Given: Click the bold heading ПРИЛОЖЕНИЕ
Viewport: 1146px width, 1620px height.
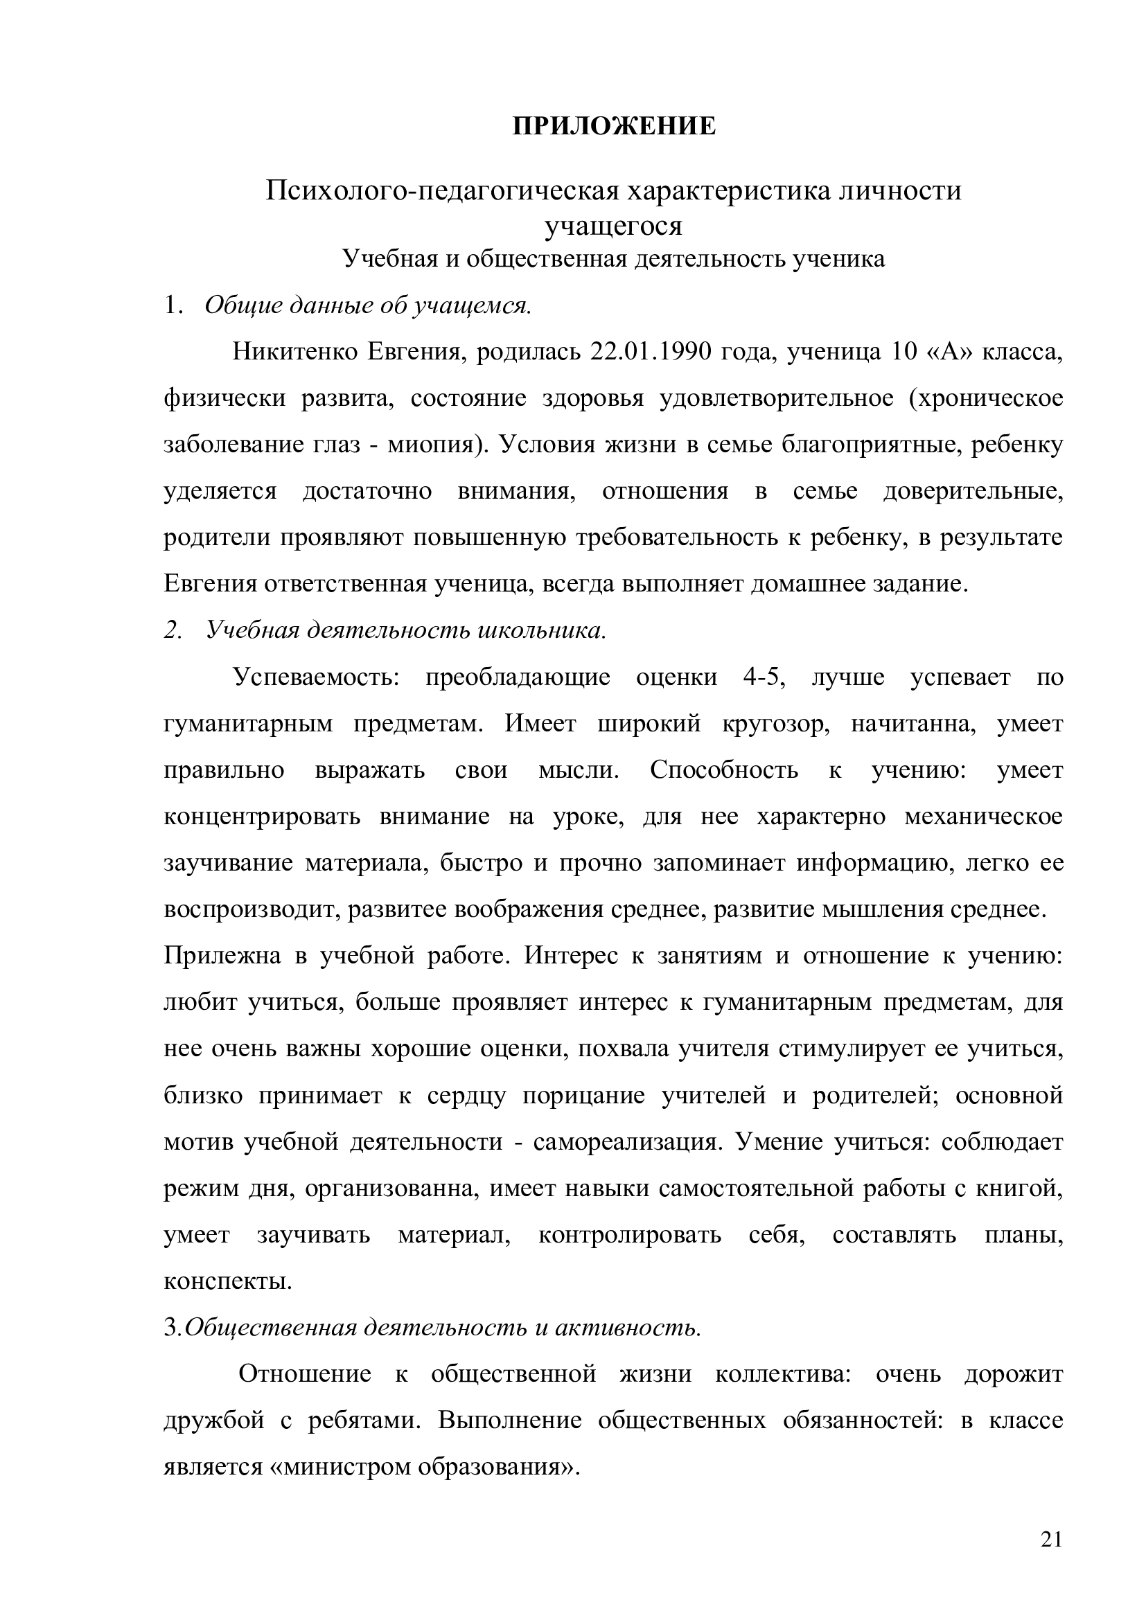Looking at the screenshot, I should [613, 126].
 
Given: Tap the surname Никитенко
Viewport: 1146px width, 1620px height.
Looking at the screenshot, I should [295, 351].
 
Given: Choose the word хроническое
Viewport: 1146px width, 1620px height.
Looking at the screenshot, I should [987, 399].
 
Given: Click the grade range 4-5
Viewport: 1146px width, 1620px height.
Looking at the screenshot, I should [762, 677].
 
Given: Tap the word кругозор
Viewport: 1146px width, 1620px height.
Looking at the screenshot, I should [775, 724].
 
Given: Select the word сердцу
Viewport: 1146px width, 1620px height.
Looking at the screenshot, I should [466, 1096].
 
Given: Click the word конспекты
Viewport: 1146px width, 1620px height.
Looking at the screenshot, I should [227, 1282].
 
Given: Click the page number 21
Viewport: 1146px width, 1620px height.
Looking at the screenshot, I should [1051, 1559].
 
